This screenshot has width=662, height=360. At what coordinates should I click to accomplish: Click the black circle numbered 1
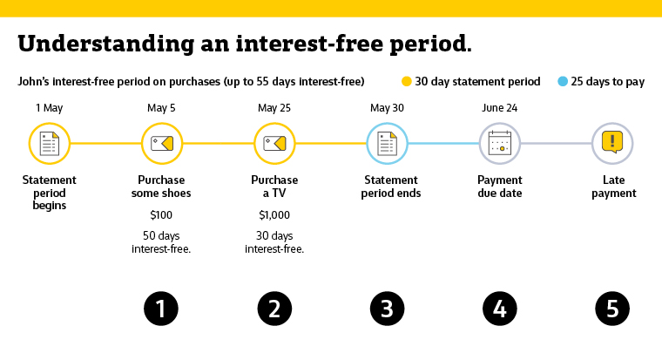[x=161, y=309]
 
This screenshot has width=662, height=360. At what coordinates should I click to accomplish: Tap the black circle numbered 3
[x=387, y=309]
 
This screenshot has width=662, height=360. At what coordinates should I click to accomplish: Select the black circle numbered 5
[x=612, y=309]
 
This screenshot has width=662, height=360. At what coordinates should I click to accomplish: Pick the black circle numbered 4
[x=500, y=309]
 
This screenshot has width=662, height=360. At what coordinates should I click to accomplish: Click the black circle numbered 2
[x=274, y=309]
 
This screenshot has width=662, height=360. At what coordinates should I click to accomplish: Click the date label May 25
[x=274, y=108]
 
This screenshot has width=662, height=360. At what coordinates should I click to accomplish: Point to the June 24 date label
[x=499, y=108]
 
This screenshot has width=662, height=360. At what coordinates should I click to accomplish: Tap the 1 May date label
[x=49, y=108]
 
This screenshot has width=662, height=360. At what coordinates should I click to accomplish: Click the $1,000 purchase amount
[x=274, y=215]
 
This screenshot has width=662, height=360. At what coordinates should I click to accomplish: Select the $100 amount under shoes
[x=161, y=215]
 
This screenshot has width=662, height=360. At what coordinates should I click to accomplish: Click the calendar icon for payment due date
[x=500, y=143]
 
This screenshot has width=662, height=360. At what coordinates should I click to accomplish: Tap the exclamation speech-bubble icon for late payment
[x=612, y=142]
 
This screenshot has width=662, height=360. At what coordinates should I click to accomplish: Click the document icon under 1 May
[x=50, y=144]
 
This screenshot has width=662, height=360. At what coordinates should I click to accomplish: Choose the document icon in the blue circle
[x=387, y=144]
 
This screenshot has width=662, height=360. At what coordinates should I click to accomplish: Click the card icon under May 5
[x=162, y=144]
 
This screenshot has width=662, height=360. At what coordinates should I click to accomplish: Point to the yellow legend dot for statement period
[x=407, y=82]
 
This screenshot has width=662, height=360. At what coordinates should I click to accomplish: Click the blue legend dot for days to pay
[x=563, y=82]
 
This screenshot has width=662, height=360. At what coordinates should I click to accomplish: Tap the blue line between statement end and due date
[x=443, y=144]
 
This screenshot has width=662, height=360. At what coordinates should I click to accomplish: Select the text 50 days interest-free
[x=161, y=242]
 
